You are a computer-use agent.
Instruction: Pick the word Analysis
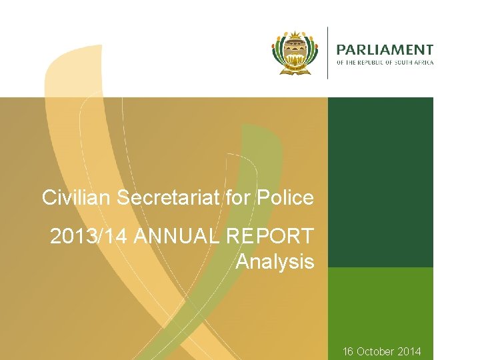tap(275, 262)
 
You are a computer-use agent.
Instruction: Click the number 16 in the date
tap(349, 351)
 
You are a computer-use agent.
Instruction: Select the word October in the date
tap(377, 351)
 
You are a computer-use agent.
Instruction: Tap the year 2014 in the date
tap(409, 351)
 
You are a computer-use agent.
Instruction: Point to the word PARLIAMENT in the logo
tap(385, 50)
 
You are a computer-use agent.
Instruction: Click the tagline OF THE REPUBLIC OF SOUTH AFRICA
tap(385, 63)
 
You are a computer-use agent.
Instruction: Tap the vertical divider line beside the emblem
tap(327, 53)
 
